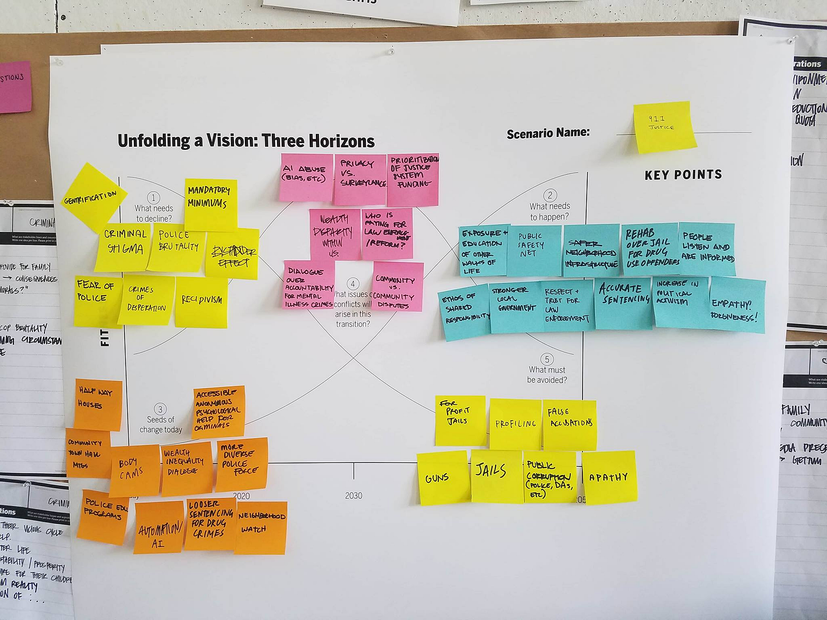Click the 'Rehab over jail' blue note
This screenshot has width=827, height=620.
point(650,248)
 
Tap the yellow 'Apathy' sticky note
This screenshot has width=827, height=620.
point(609,477)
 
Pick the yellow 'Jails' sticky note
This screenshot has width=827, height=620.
point(496,476)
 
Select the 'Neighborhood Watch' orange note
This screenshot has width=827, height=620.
point(261,527)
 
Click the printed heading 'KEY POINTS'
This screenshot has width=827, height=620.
point(683,175)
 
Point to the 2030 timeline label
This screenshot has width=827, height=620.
point(354,495)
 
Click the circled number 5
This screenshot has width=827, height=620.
point(547,359)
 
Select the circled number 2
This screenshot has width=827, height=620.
point(549,195)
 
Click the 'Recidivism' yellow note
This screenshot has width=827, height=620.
point(201,302)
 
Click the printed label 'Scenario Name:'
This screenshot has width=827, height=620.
point(548,133)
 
